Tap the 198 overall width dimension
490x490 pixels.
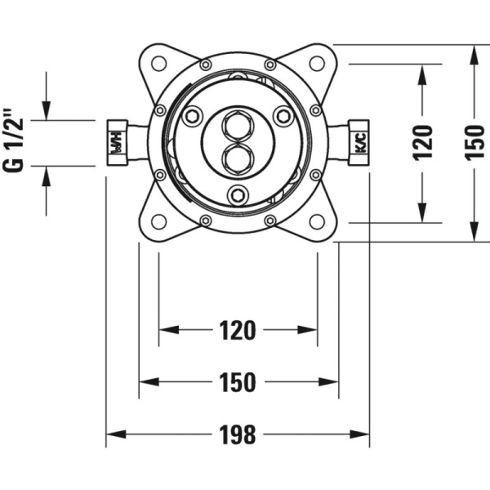pos(238,434)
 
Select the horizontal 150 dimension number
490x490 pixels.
pos(238,381)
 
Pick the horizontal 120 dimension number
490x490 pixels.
pos(238,330)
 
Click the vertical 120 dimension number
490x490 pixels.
pos(423,143)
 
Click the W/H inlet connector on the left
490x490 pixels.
pos(116,143)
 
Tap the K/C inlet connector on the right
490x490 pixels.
pos(359,143)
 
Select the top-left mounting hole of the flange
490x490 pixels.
pos(159,64)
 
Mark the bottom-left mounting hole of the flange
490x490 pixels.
pos(159,221)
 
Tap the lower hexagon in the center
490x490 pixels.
pos(238,157)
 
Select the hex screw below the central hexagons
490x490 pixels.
pos(238,194)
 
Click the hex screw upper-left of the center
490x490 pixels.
pos(193,117)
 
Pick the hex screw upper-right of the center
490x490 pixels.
pos(283,117)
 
